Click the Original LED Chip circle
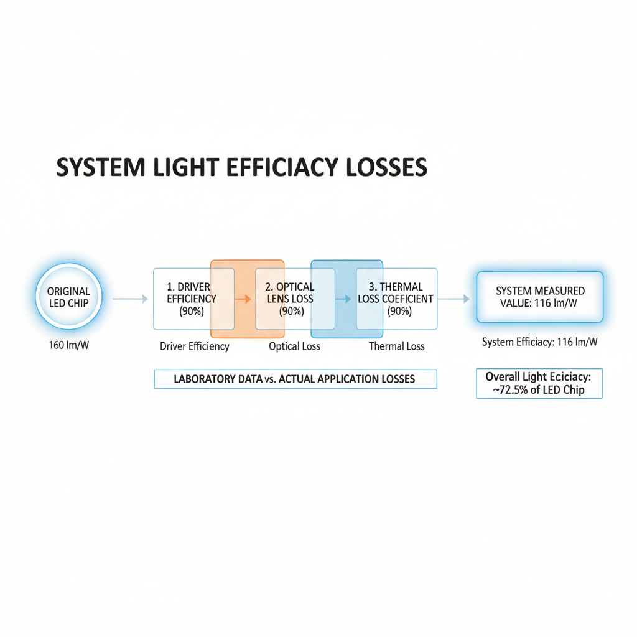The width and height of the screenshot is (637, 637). click(68, 297)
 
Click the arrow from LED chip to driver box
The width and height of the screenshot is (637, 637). click(131, 299)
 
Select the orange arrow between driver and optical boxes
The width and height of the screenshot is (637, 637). click(243, 299)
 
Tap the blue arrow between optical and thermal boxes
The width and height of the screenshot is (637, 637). click(343, 299)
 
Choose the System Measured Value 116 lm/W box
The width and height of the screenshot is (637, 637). click(540, 297)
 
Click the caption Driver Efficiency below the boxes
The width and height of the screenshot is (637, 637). click(194, 346)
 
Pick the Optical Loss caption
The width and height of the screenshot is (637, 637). click(294, 346)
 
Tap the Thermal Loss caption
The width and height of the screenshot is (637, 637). click(396, 346)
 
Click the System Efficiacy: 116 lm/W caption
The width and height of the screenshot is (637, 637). click(539, 342)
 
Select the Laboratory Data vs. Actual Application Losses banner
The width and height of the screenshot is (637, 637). click(295, 379)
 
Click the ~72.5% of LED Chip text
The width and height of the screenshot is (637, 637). click(539, 391)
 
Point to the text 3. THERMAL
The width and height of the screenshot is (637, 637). click(396, 287)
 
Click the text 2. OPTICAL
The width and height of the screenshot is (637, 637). click(290, 287)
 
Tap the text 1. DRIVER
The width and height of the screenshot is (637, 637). click(189, 287)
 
